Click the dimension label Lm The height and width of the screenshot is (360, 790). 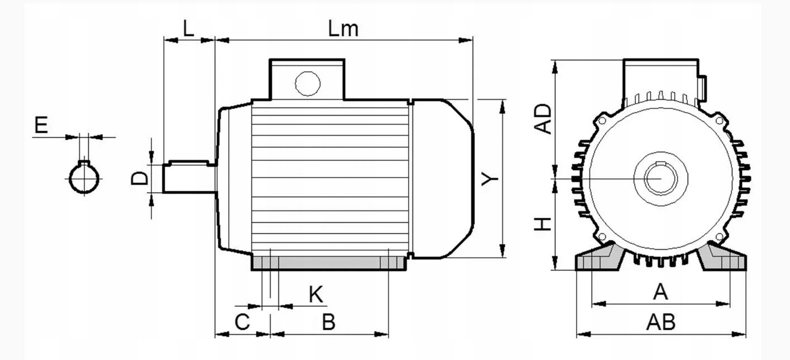click(x=343, y=28)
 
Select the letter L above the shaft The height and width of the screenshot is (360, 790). click(x=189, y=28)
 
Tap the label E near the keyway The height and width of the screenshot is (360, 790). click(x=41, y=125)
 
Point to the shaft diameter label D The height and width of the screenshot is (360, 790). click(x=140, y=179)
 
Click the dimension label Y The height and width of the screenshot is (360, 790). click(x=490, y=179)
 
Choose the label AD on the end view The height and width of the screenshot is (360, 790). click(x=543, y=119)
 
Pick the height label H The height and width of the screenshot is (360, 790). click(x=543, y=224)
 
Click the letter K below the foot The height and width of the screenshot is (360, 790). click(x=315, y=294)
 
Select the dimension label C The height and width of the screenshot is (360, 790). click(x=242, y=322)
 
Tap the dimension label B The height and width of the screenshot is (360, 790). click(x=329, y=322)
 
